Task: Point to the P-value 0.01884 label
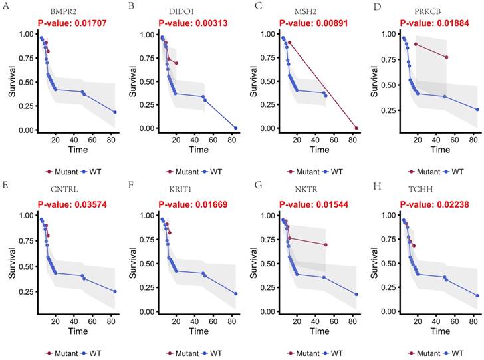point(429,23)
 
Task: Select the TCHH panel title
point(428,193)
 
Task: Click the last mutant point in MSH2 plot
point(356,128)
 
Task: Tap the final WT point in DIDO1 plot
point(235,128)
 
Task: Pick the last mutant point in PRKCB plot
point(447,57)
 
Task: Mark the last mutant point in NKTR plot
point(326,245)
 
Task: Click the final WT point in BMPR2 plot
point(115,112)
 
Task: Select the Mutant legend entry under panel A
point(61,172)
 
